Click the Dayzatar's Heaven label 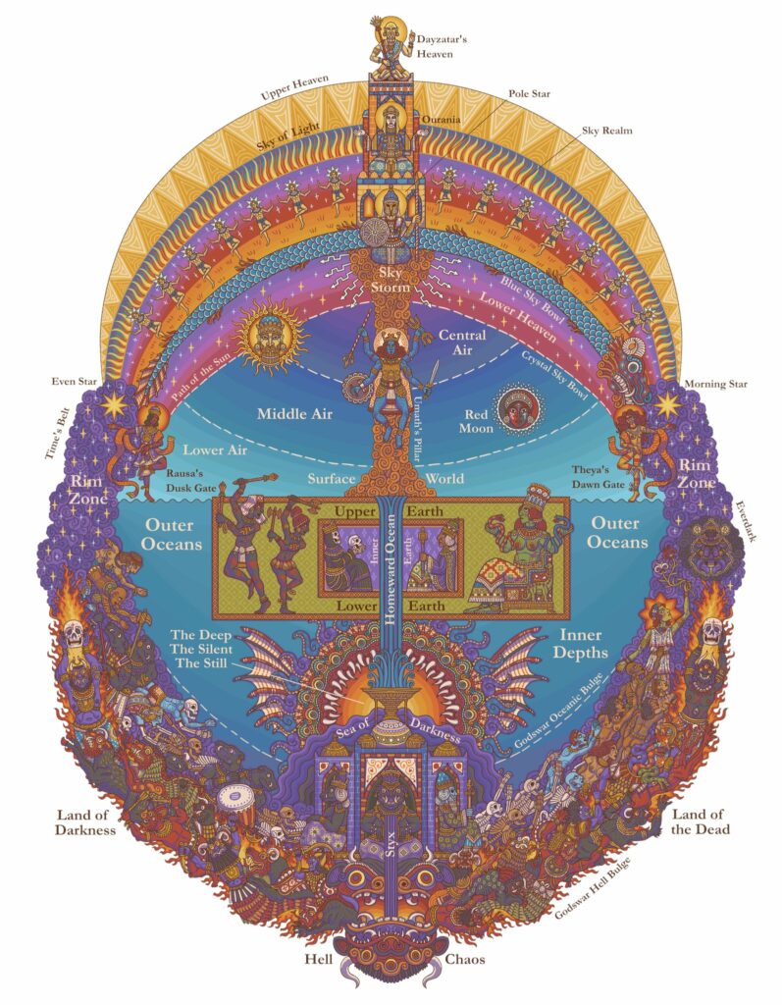tap(443, 46)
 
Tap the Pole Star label tap(530, 93)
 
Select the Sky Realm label tap(607, 131)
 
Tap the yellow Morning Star tap(666, 405)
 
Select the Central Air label tap(462, 342)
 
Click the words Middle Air tap(295, 414)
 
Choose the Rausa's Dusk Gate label tap(191, 481)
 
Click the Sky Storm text tap(390, 280)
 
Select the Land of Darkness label tap(85, 822)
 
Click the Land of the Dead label tap(700, 821)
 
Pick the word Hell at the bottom tap(319, 960)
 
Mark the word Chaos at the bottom tap(465, 960)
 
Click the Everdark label tap(746, 521)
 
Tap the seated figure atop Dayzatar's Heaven tap(390, 46)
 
